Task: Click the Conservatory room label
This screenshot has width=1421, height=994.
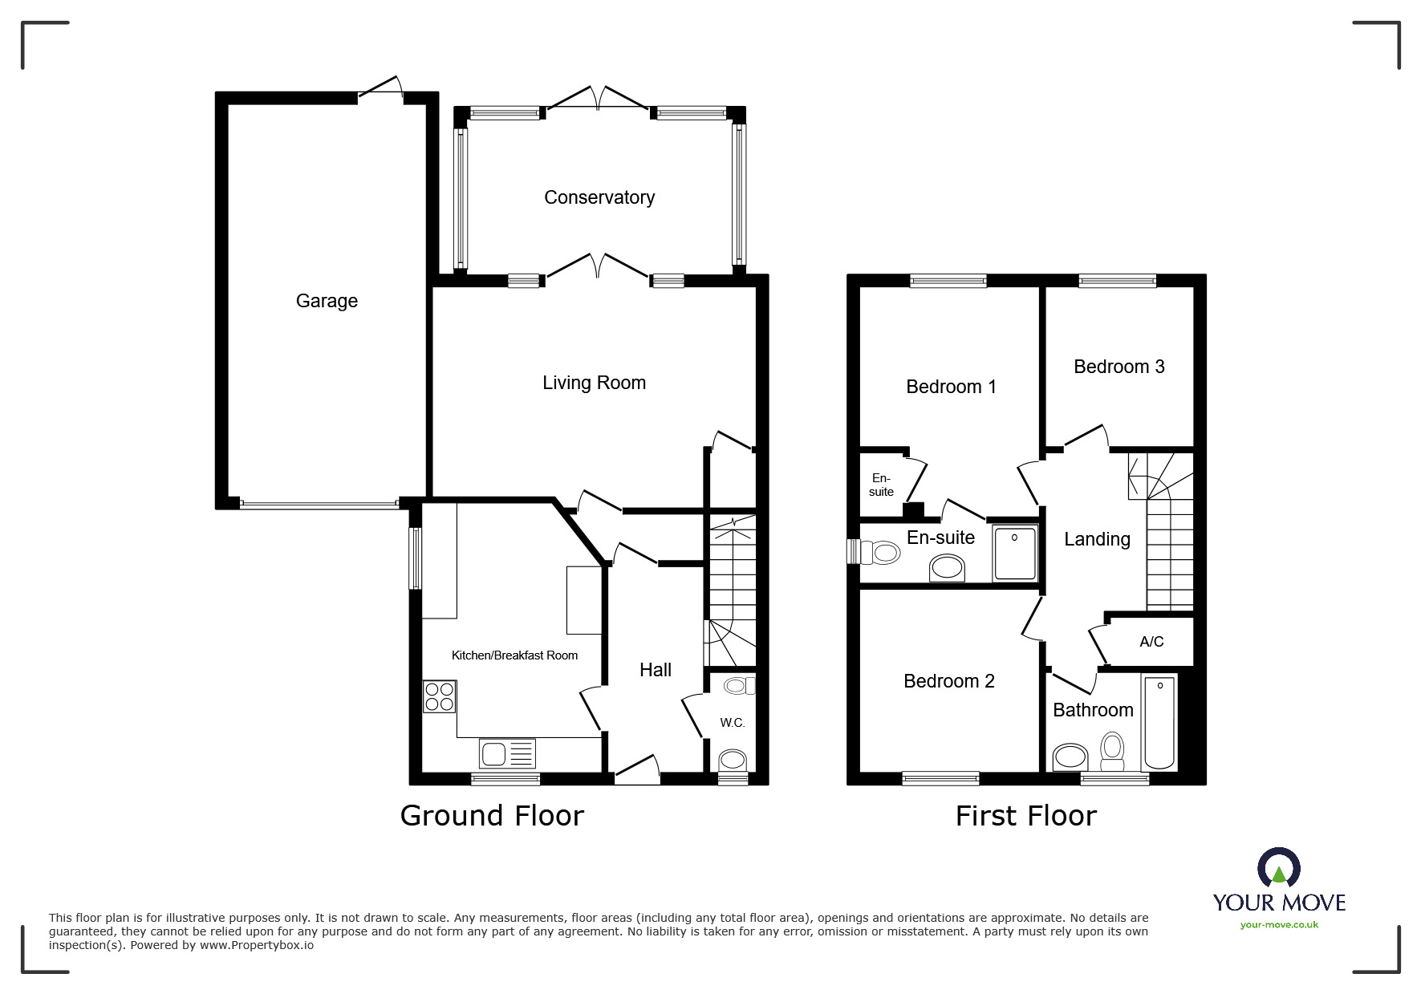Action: click(x=599, y=197)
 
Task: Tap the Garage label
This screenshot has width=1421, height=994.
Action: click(x=327, y=301)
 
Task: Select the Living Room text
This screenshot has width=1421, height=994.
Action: click(x=594, y=383)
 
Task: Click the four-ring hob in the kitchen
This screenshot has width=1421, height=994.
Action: click(x=439, y=696)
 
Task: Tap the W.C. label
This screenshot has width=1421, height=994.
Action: click(x=732, y=723)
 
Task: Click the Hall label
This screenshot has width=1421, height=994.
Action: click(x=655, y=670)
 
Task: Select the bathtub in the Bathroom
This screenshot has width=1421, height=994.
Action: click(x=1159, y=723)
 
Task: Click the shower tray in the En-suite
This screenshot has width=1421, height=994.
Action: click(x=1015, y=553)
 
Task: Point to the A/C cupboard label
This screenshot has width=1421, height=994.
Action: click(x=1151, y=642)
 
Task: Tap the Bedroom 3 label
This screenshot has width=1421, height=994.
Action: click(x=1119, y=367)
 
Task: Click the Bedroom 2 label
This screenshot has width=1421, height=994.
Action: click(x=948, y=681)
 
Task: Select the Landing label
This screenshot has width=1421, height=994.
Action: click(x=1096, y=539)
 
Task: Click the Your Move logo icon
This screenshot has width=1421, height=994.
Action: click(x=1278, y=869)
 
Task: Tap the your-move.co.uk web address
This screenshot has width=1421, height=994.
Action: click(x=1279, y=925)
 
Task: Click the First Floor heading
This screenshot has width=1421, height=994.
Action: click(x=1025, y=816)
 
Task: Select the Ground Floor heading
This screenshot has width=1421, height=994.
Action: click(x=491, y=816)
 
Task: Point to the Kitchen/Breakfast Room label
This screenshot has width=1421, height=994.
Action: click(x=514, y=655)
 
